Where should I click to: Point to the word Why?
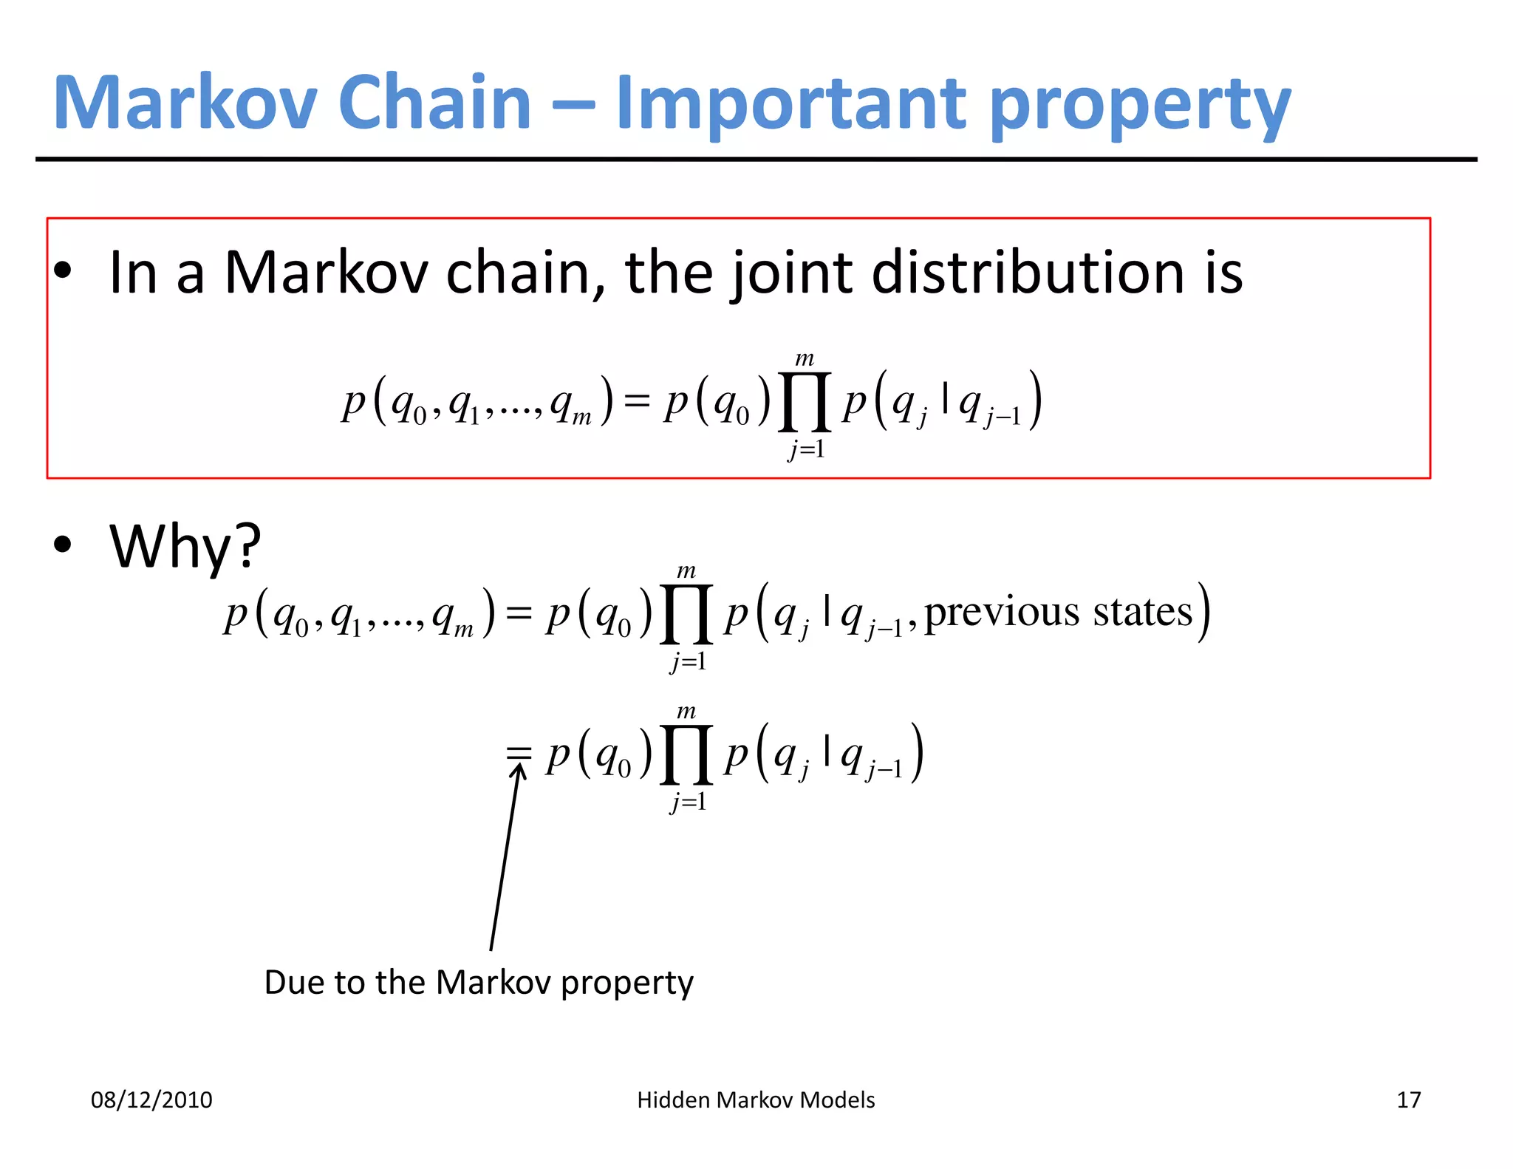(x=185, y=547)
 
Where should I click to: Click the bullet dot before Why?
(x=63, y=545)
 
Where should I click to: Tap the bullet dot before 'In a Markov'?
(x=63, y=270)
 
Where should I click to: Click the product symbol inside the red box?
(x=805, y=403)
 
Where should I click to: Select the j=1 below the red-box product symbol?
(x=806, y=449)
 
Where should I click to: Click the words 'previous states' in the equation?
(x=1058, y=612)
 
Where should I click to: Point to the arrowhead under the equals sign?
(x=519, y=771)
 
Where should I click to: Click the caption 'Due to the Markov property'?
(x=479, y=982)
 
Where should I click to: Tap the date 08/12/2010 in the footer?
(x=151, y=1100)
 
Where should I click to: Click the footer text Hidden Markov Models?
(x=756, y=1100)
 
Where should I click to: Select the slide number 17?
(x=1408, y=1100)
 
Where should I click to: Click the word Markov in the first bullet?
(x=326, y=272)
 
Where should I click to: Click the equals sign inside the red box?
(x=637, y=401)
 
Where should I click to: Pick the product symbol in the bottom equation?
(x=686, y=755)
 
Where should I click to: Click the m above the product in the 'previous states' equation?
(x=686, y=570)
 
